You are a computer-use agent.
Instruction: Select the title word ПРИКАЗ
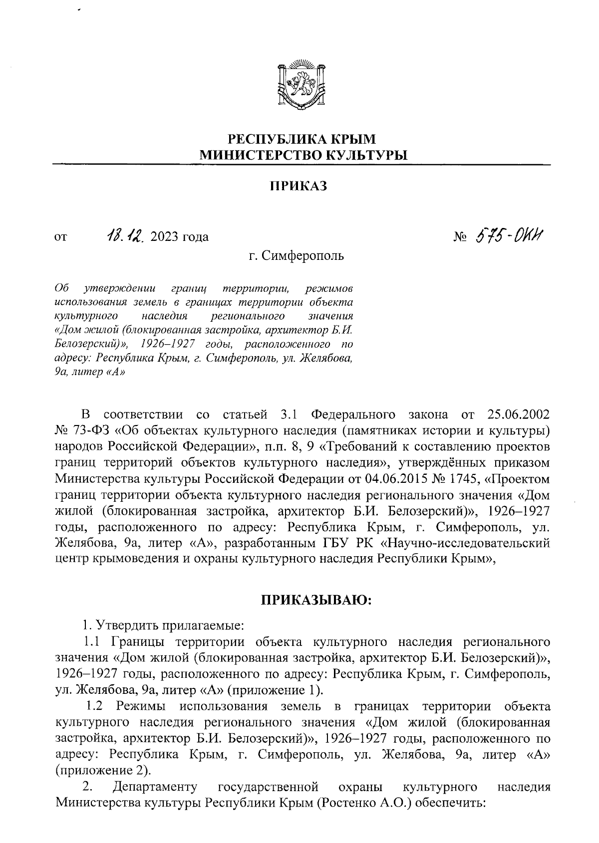pyautogui.click(x=299, y=186)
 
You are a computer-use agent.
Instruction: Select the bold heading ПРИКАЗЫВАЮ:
pyautogui.click(x=315, y=600)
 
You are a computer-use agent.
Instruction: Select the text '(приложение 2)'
pyautogui.click(x=102, y=771)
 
